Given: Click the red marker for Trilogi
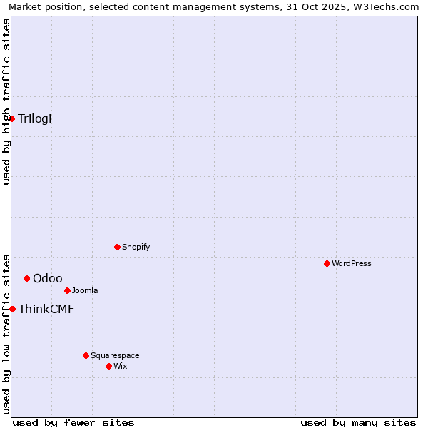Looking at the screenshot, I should pyautogui.click(x=12, y=118).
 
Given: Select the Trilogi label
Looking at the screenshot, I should pyautogui.click(x=35, y=119).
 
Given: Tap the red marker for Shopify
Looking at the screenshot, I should pyautogui.click(x=117, y=247).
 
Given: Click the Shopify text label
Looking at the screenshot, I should pyautogui.click(x=136, y=248).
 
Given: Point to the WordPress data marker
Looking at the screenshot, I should pyautogui.click(x=327, y=263).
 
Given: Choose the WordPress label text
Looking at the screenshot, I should pyautogui.click(x=351, y=264).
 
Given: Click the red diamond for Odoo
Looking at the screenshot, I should pyautogui.click(x=26, y=278).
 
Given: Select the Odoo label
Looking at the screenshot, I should pyautogui.click(x=48, y=279).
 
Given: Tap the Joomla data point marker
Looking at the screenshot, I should pyautogui.click(x=67, y=290).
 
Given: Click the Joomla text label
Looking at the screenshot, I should pyautogui.click(x=85, y=291).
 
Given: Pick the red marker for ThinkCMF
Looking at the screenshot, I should pyautogui.click(x=12, y=309).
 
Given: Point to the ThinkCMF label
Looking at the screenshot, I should pyautogui.click(x=46, y=310).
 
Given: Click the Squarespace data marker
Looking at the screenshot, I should pyautogui.click(x=86, y=355).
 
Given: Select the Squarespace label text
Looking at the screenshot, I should pyautogui.click(x=115, y=356).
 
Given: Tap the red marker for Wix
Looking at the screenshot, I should pyautogui.click(x=108, y=366).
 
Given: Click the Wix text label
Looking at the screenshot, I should pyautogui.click(x=120, y=367).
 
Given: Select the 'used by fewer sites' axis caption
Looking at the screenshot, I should pyautogui.click(x=73, y=422).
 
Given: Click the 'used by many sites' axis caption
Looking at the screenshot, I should pyautogui.click(x=358, y=422).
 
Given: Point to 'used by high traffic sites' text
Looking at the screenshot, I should pyautogui.click(x=6, y=101).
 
